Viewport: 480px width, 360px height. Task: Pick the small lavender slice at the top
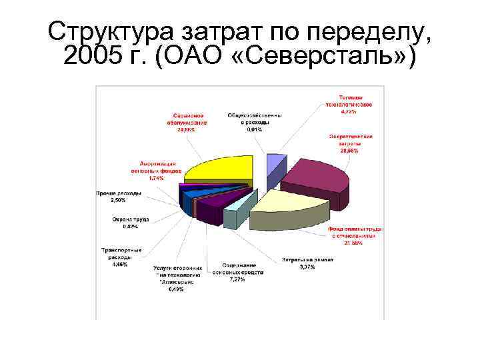[x=274, y=163]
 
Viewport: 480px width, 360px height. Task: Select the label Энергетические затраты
[x=349, y=143]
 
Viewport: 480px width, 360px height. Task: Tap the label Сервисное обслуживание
[x=186, y=121]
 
